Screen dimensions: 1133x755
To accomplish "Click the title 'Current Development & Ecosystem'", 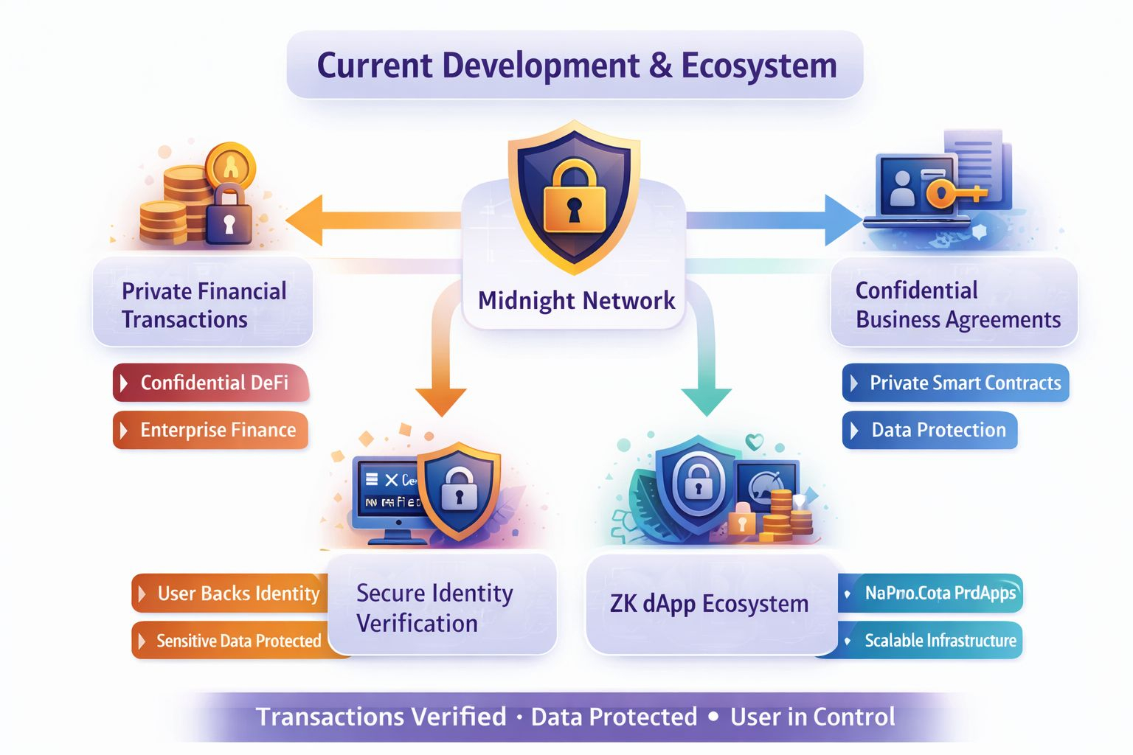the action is coord(576,66).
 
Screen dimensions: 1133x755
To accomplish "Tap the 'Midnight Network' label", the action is coord(576,301).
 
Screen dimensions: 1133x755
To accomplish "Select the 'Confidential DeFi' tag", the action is coord(211,383).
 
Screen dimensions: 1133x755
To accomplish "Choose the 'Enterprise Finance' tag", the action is coord(211,430).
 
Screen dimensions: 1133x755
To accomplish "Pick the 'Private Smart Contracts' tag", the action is coord(955,383).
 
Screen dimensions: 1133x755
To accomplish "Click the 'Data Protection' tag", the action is coord(930,430).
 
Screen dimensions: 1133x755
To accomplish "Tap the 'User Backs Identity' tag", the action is coord(230,594).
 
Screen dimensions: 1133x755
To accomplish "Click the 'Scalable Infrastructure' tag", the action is coord(931,641).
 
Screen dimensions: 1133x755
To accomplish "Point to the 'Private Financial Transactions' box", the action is coord(203,305).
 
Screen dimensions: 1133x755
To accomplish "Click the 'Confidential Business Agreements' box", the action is coord(954,305).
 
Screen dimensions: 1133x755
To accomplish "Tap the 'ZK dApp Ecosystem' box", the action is coord(710,604).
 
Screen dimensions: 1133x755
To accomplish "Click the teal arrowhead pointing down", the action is coord(707,400).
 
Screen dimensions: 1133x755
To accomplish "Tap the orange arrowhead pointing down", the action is coord(441,400).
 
